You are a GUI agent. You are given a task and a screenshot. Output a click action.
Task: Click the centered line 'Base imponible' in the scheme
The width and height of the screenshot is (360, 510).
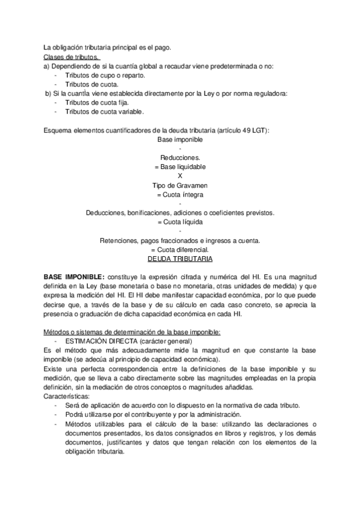(x=180, y=139)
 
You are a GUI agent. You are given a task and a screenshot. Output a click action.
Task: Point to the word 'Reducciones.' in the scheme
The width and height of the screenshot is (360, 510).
(x=180, y=157)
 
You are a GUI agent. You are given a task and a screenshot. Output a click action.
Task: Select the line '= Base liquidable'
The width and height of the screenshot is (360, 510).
(x=180, y=166)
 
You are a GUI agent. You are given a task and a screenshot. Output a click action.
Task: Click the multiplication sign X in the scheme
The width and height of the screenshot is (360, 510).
(x=180, y=176)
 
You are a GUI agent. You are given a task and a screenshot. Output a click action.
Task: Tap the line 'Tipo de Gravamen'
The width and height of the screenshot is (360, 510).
(x=180, y=185)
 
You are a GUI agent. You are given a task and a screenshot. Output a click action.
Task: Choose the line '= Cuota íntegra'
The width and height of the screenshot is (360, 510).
(x=180, y=194)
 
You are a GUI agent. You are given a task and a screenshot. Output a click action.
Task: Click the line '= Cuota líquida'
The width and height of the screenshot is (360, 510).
(x=180, y=222)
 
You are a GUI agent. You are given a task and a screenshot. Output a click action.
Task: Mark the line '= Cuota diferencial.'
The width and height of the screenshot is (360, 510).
(x=180, y=250)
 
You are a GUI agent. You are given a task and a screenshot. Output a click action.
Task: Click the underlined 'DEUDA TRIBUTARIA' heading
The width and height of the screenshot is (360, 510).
(x=180, y=259)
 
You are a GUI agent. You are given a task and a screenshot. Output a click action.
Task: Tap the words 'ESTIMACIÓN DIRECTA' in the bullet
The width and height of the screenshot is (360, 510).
(x=100, y=340)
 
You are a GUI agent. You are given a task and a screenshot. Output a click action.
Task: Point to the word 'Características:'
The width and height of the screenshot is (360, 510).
(x=66, y=396)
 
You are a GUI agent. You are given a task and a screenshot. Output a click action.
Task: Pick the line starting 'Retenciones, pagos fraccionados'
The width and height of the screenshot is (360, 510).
(x=180, y=241)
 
